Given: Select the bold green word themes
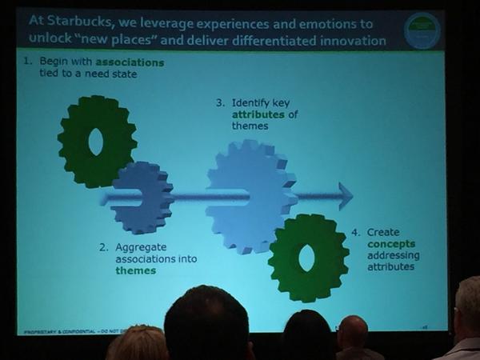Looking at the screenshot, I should coord(134,270).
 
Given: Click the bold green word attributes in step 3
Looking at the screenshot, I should coord(254,114).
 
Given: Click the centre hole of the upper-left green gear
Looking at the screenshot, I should coord(96,142).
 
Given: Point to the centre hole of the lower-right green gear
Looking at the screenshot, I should coord(306,257).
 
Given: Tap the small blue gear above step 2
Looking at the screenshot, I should coord(142,198).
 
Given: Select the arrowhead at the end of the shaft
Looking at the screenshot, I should coord(345,195).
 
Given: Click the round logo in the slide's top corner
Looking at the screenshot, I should coord(422,30).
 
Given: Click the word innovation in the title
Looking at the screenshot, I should coord(349,40).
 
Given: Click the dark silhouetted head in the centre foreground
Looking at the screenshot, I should coord(206,324).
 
